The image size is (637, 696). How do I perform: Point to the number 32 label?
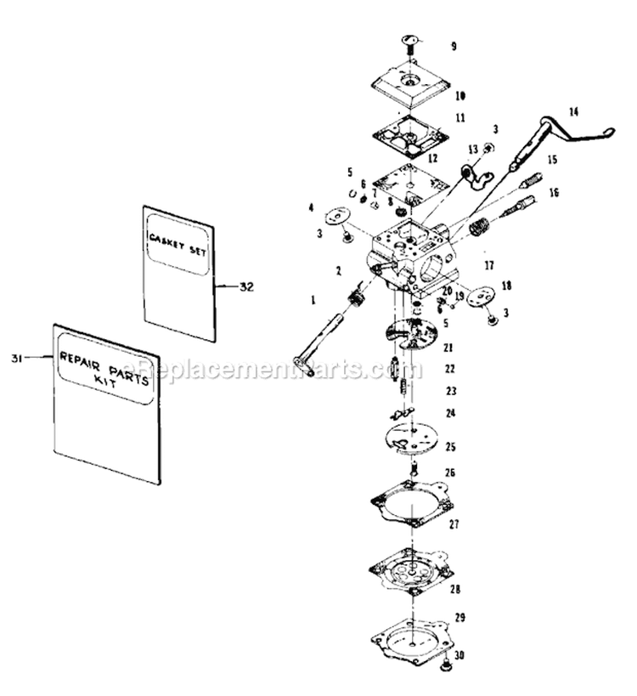246,286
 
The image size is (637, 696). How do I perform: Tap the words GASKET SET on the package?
179,240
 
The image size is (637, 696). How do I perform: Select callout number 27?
454,525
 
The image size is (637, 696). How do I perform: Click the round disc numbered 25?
411,438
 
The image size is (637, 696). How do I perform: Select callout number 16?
554,192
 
